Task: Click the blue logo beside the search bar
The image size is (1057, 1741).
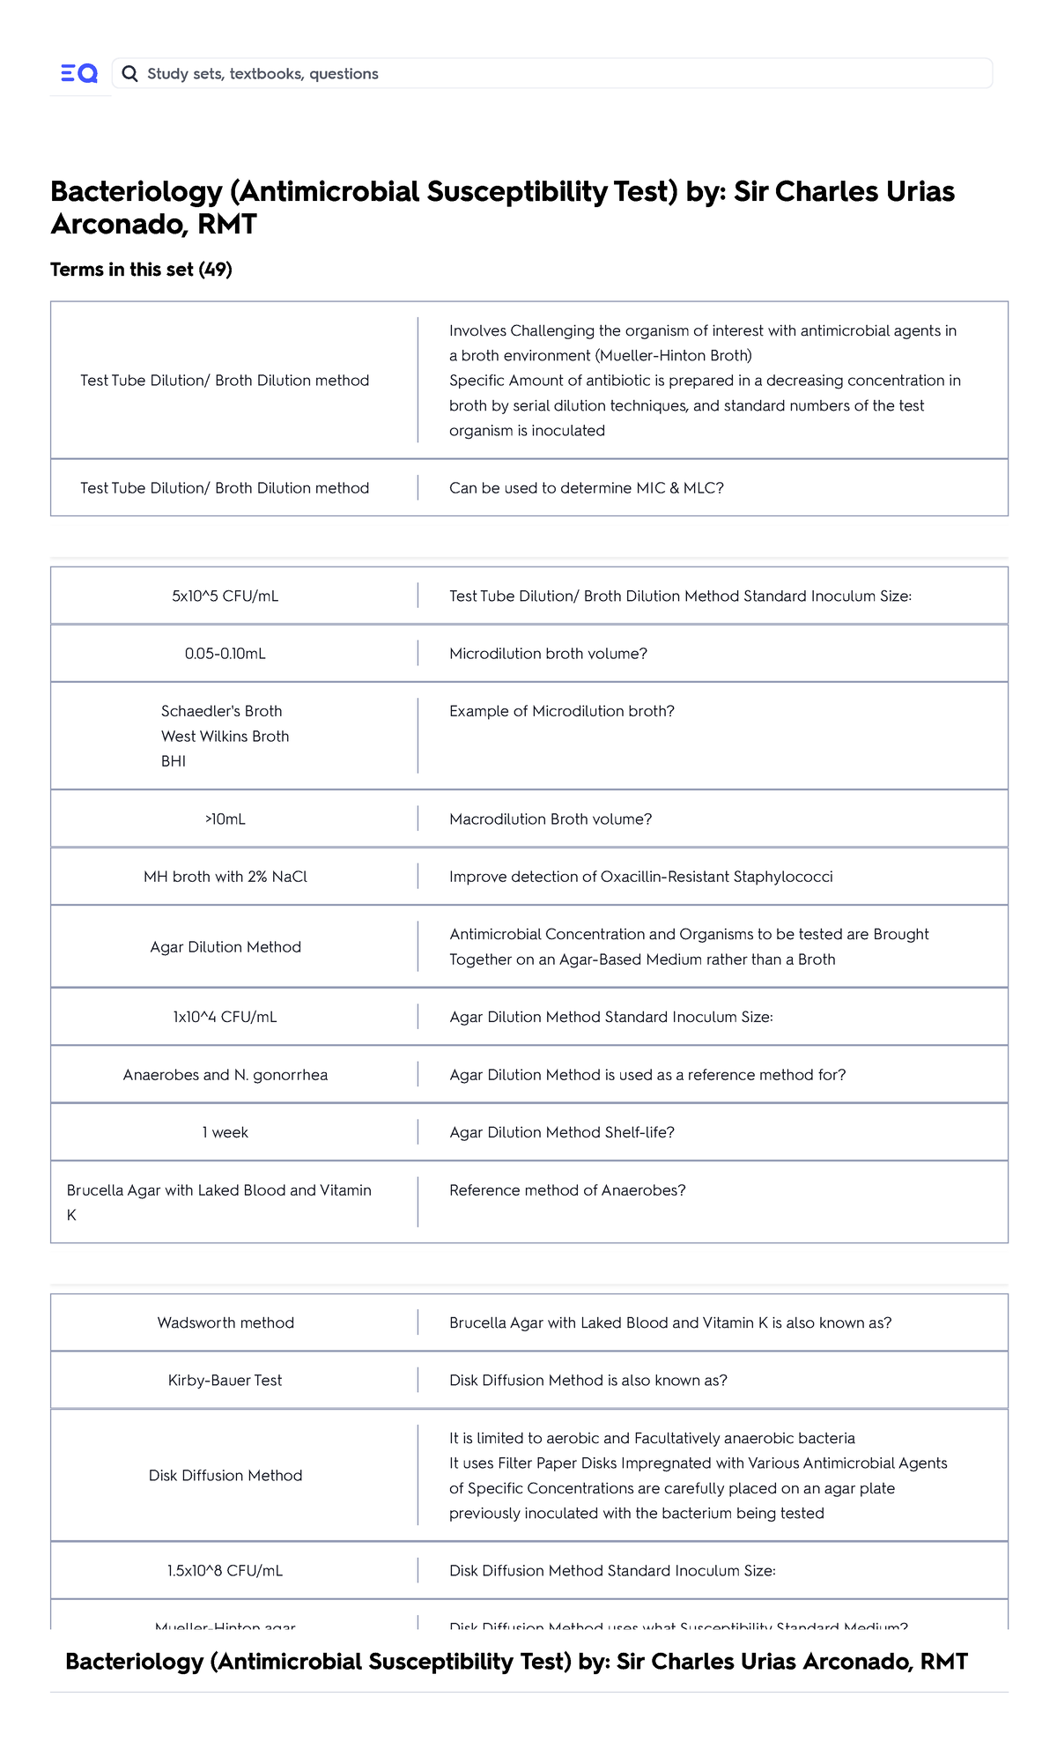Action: (x=79, y=74)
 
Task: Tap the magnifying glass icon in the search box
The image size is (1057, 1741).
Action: (x=129, y=74)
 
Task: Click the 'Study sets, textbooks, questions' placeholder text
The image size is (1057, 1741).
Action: (x=262, y=74)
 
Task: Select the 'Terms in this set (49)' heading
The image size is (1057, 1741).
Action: (x=141, y=270)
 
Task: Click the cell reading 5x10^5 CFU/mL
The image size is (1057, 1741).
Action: (x=225, y=596)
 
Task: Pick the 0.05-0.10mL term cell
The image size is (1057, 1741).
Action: (x=225, y=654)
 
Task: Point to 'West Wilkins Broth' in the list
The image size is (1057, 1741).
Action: (x=225, y=737)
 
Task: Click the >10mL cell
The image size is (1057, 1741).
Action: (x=225, y=819)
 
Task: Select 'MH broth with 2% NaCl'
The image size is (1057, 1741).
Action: (x=225, y=877)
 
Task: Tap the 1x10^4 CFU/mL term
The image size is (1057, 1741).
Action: (x=225, y=1017)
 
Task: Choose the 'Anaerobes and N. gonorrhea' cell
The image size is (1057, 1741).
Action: (x=225, y=1075)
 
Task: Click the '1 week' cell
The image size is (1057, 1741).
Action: (x=225, y=1132)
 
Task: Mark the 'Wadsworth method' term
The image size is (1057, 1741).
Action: (x=225, y=1322)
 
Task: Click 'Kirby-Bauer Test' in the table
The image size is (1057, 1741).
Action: (x=225, y=1381)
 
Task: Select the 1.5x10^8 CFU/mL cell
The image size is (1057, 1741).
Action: (x=225, y=1571)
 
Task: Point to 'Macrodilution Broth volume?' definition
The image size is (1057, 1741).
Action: (x=551, y=819)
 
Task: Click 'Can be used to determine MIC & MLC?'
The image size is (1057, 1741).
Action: (x=587, y=488)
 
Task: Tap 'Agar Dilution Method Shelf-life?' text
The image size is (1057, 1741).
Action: (x=562, y=1132)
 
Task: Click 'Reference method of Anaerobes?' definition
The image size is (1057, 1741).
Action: (x=567, y=1190)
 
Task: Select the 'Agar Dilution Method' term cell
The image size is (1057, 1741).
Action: (x=225, y=947)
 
